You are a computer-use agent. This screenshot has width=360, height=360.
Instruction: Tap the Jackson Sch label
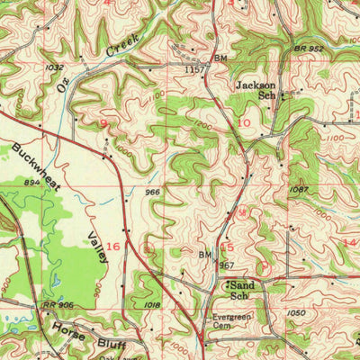pyautogui.click(x=254, y=90)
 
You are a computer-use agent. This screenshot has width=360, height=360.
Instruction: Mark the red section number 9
pyautogui.click(x=103, y=121)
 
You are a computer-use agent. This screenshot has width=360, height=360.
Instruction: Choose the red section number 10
pyautogui.click(x=244, y=121)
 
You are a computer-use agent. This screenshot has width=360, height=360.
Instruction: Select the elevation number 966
pyautogui.click(x=152, y=192)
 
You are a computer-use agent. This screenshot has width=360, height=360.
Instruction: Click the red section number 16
pyautogui.click(x=113, y=245)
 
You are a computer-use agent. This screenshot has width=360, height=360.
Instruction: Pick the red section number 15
pyautogui.click(x=227, y=246)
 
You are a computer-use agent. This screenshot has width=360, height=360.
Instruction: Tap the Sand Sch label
pyautogui.click(x=238, y=289)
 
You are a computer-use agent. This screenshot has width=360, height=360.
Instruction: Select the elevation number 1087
pyautogui.click(x=300, y=190)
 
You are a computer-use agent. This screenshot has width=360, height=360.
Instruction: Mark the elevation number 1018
pyautogui.click(x=151, y=307)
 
